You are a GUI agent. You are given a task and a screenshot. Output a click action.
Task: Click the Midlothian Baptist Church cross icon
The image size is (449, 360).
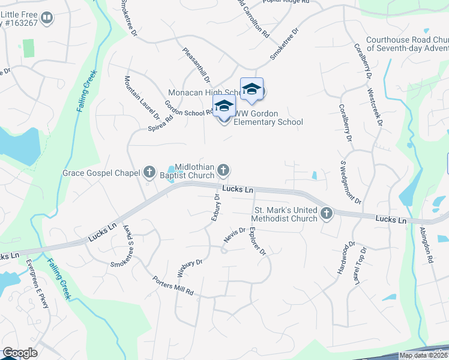[x=223, y=171]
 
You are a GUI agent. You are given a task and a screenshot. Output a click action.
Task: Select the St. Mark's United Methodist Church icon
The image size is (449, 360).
[x=327, y=213]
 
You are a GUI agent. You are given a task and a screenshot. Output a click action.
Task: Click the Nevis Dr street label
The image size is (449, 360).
[x=235, y=234]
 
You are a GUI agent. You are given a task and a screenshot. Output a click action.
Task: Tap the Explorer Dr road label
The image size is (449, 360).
[x=258, y=241]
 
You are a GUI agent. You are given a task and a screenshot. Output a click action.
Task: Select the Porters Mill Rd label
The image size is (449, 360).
[x=173, y=286]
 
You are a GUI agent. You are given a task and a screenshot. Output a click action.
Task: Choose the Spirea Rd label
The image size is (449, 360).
[x=161, y=123]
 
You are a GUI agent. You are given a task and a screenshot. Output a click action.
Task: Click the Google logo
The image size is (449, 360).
[x=20, y=353]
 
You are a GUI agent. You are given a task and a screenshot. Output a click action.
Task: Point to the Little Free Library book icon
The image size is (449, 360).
[x=47, y=18]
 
